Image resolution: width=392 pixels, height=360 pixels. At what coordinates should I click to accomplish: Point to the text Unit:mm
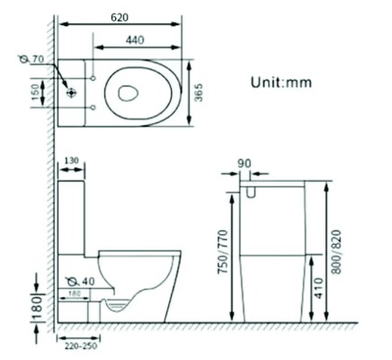280,82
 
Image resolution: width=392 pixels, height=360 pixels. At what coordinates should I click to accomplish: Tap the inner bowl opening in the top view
129,91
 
